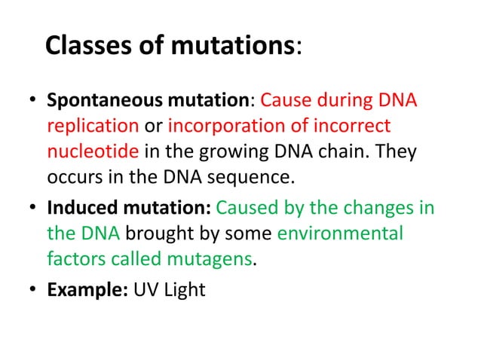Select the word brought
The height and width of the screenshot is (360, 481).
[x=158, y=233]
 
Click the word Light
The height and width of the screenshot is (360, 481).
[x=185, y=288]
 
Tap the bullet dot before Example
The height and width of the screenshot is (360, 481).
[x=33, y=289]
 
